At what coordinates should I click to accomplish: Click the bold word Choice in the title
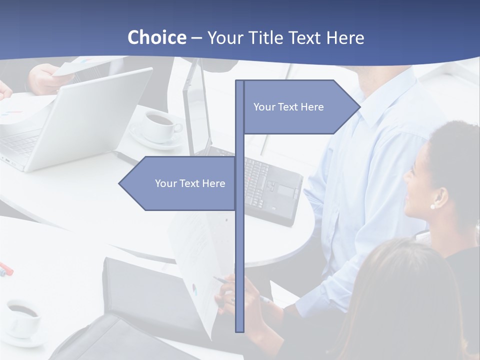pos(156,37)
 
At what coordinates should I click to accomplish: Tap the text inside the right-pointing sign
pos(288,107)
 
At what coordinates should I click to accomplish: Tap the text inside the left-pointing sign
pos(190,183)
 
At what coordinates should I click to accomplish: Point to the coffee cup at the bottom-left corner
pos(22,317)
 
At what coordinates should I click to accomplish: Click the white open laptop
pos(75,120)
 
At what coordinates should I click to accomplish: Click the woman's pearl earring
pos(432,206)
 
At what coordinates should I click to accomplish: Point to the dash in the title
pos(196,38)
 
